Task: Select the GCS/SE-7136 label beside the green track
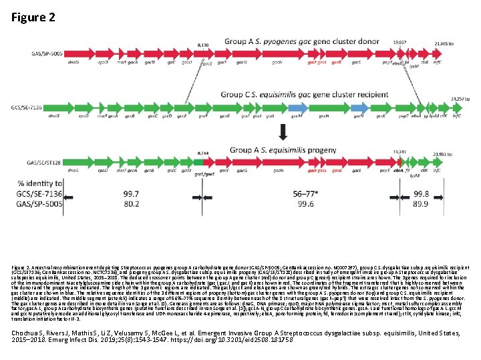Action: (x=27, y=107)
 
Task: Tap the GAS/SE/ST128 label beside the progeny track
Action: (x=28, y=163)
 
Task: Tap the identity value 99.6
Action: (x=307, y=203)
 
